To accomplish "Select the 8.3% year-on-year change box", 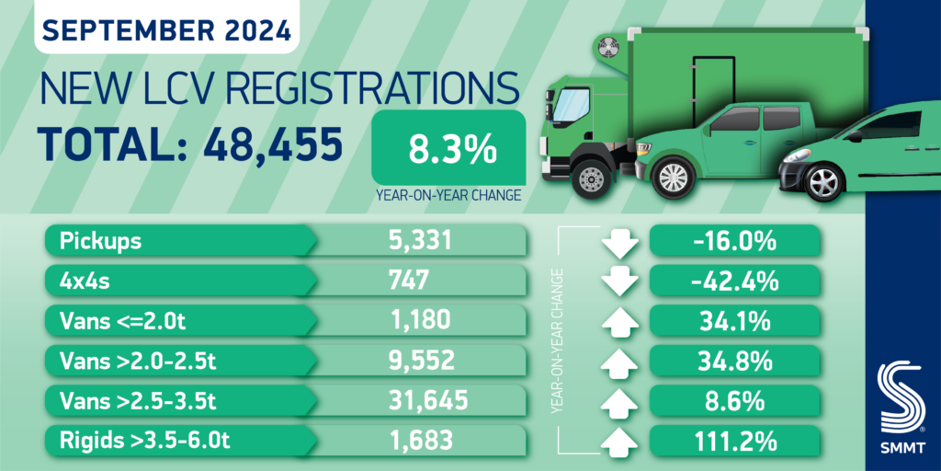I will [x=448, y=147].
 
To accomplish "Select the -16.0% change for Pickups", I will [x=735, y=242].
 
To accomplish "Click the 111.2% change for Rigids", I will [x=735, y=440].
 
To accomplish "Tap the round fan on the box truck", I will [x=606, y=49].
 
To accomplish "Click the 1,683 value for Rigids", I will [x=421, y=440].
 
